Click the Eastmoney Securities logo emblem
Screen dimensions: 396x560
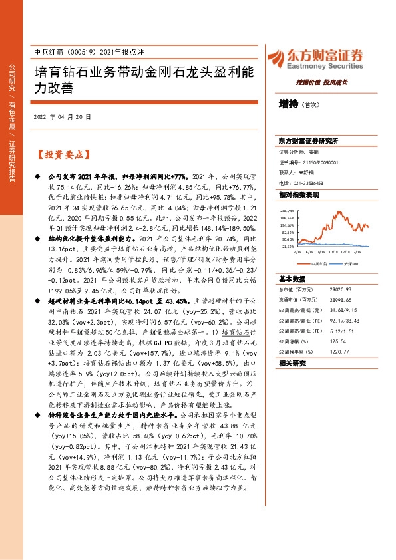(291, 56)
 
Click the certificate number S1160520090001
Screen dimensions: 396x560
(316, 162)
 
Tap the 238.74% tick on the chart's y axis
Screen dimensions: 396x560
(288, 210)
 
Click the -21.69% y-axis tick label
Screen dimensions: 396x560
(288, 246)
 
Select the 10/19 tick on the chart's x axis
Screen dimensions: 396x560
(335, 251)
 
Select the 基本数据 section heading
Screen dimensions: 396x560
(292, 279)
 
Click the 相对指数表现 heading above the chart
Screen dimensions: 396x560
(299, 195)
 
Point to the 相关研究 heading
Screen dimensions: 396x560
(292, 364)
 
